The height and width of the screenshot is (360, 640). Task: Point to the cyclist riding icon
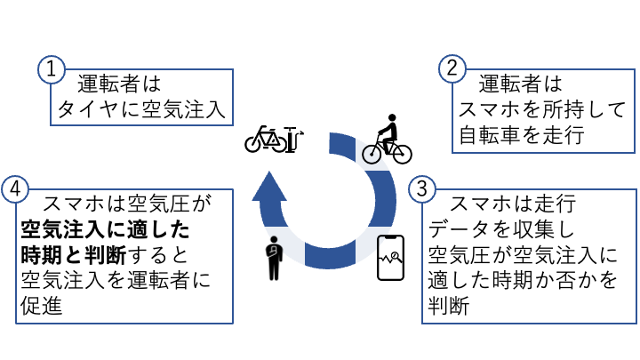[x=388, y=140]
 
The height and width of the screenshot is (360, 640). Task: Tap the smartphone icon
[x=390, y=259]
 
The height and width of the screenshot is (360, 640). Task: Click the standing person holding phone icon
[x=273, y=258]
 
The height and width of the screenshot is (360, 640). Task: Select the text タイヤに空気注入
[x=140, y=110]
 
